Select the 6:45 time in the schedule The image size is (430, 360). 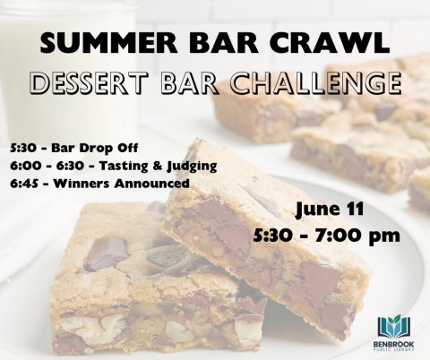click(x=26, y=183)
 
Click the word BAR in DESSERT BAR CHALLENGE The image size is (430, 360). click(x=193, y=83)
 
